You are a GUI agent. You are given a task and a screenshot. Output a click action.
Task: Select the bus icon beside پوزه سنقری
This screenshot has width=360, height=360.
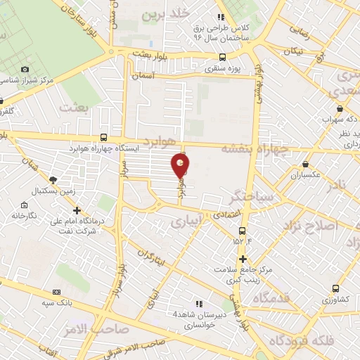222,58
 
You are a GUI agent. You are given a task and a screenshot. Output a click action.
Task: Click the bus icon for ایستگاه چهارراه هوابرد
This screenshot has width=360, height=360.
104,138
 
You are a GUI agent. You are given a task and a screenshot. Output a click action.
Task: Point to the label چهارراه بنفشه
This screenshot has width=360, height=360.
255,148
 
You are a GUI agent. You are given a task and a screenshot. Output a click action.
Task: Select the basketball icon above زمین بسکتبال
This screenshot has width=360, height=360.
53,180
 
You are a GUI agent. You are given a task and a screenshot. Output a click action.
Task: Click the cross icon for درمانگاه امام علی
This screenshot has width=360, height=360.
77,210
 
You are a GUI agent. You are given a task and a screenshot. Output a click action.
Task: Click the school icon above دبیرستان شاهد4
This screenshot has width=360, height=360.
199,304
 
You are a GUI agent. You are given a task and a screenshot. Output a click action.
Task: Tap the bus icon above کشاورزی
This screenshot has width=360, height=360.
336,288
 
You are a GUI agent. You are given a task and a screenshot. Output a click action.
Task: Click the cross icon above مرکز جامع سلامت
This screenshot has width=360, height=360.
243,259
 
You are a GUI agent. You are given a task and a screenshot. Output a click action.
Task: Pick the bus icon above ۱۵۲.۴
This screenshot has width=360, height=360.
243,231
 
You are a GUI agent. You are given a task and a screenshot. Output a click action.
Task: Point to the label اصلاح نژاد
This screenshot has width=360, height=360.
310,225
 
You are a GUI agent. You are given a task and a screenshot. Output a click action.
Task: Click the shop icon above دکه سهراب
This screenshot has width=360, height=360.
340,109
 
